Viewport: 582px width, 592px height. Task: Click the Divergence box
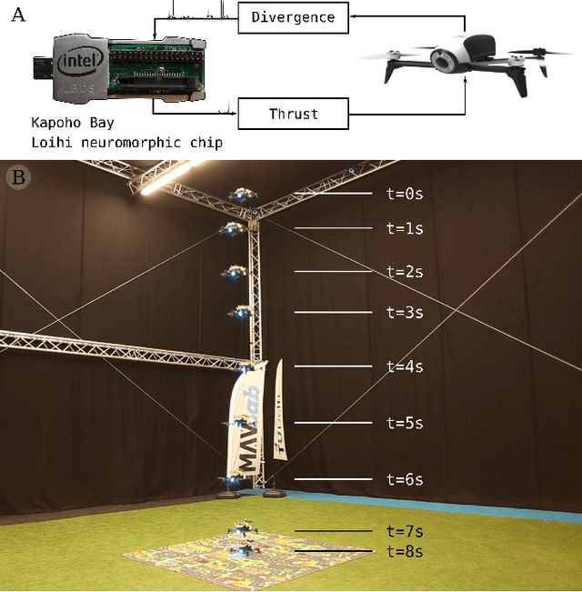tap(293, 17)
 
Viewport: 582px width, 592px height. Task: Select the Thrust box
tap(293, 115)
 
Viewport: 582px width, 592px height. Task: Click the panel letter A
tap(17, 15)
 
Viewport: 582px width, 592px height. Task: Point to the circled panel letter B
tap(17, 176)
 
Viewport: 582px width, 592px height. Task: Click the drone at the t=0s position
tap(241, 195)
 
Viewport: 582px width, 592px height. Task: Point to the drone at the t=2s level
tap(236, 272)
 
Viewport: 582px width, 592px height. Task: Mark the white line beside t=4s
tap(332, 366)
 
